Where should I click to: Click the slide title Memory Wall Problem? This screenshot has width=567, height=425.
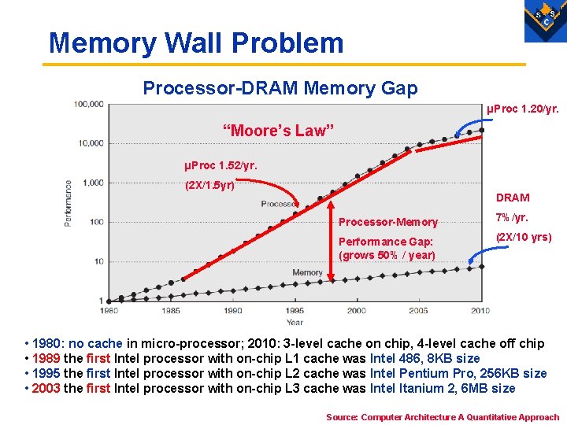click(x=196, y=42)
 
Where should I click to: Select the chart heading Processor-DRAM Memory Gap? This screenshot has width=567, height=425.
click(x=280, y=88)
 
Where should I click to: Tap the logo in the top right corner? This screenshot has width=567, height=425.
click(x=545, y=20)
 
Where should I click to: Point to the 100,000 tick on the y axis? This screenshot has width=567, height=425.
click(x=89, y=104)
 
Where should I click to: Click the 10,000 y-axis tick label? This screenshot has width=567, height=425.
click(x=91, y=143)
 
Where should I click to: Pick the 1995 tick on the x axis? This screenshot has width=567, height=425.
click(x=295, y=311)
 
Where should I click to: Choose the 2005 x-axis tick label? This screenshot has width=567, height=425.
click(x=418, y=311)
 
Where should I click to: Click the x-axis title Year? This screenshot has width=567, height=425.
click(x=295, y=323)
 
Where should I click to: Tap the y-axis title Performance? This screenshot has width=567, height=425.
click(x=69, y=203)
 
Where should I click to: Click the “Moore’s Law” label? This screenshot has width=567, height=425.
click(x=279, y=131)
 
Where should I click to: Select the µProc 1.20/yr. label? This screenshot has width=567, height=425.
click(x=523, y=109)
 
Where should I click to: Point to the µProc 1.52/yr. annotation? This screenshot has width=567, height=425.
click(x=220, y=166)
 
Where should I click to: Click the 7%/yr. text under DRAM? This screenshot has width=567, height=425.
click(x=511, y=217)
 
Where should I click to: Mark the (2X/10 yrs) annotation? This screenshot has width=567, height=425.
click(x=523, y=237)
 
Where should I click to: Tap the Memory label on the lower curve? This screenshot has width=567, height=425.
click(x=307, y=272)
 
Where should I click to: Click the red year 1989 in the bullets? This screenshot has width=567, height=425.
click(x=46, y=358)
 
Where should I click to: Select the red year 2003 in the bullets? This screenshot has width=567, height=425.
click(x=46, y=388)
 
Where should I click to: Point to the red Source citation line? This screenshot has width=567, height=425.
click(x=442, y=417)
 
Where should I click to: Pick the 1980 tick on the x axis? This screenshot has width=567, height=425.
click(x=109, y=311)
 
